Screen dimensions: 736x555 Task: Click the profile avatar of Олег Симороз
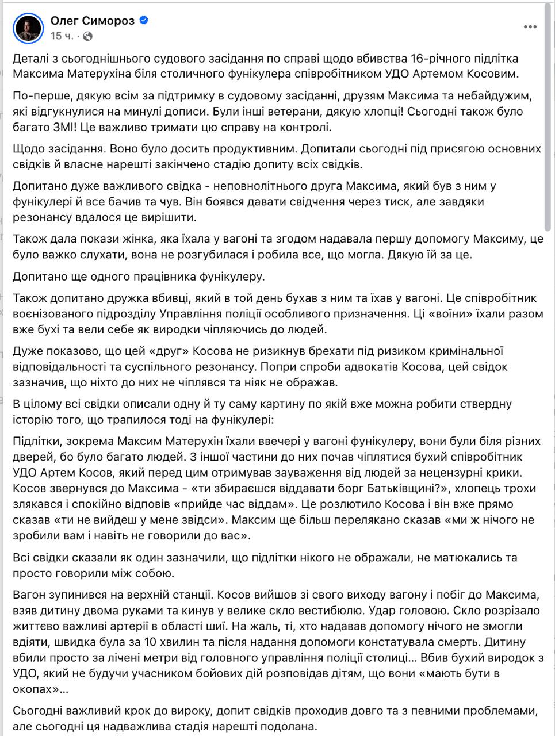click(x=29, y=28)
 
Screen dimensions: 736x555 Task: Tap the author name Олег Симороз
click(x=93, y=21)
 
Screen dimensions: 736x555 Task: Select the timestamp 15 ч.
click(x=62, y=36)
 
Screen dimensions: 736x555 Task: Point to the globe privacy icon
click(x=87, y=36)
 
